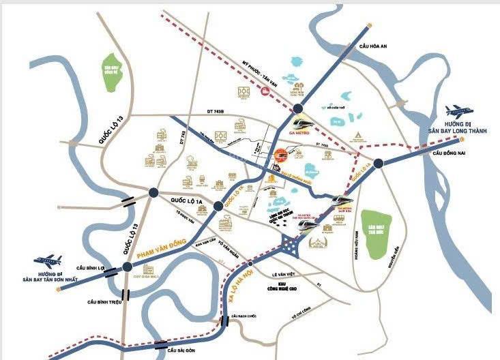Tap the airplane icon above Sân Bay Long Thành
pos(456,111)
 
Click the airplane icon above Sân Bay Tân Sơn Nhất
pos(47,260)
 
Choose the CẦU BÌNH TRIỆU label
pos(104,301)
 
